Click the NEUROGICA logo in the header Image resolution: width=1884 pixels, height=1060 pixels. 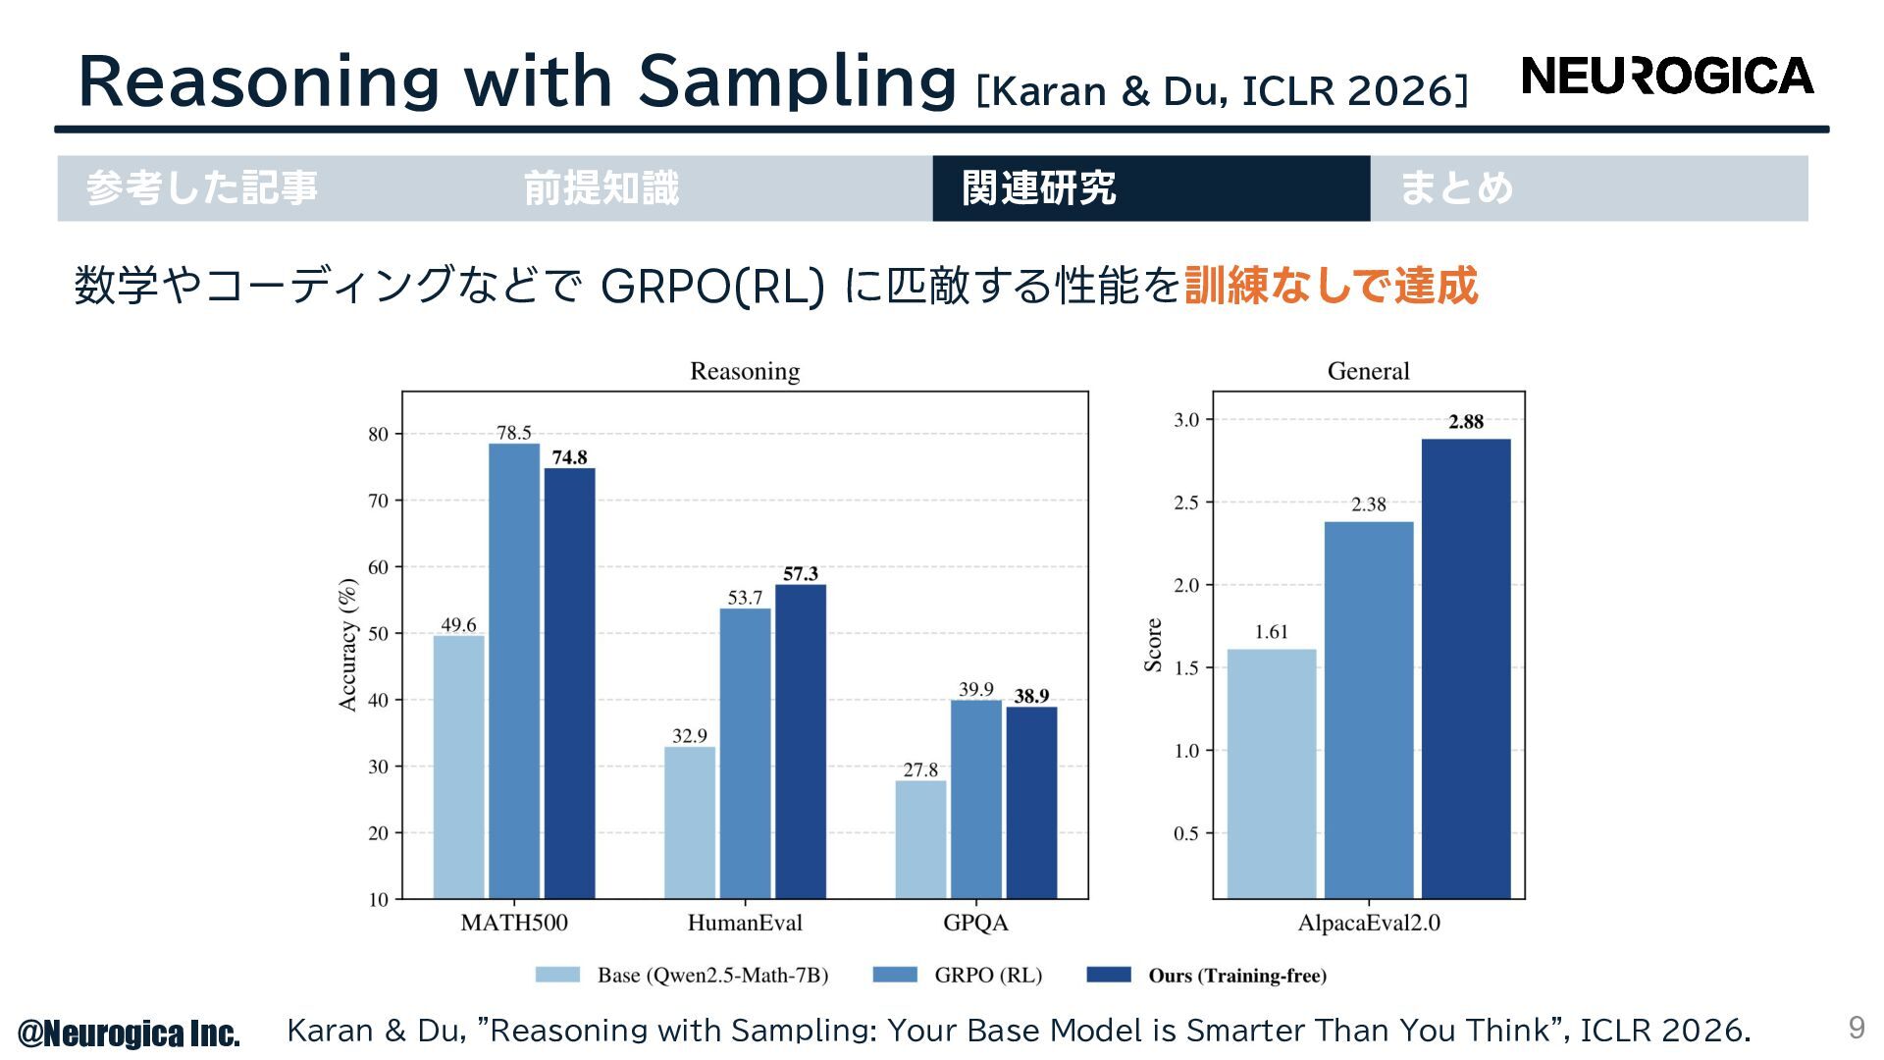(x=1666, y=77)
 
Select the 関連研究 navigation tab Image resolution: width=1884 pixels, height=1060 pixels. (x=1150, y=188)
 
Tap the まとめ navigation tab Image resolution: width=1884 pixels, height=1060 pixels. (x=1588, y=188)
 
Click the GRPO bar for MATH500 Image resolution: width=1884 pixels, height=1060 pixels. (x=514, y=671)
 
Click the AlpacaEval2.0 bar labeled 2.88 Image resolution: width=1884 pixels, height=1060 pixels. (x=1466, y=667)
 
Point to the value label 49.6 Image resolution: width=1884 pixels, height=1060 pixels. (x=458, y=625)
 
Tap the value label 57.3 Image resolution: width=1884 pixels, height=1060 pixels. (x=800, y=573)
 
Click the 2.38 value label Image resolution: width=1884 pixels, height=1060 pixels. (x=1368, y=504)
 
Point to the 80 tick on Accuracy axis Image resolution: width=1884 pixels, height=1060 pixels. (x=378, y=434)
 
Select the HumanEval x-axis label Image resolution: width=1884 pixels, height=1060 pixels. (x=745, y=923)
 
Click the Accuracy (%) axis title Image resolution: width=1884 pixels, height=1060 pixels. (x=347, y=644)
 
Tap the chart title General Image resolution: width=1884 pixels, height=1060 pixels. (x=1368, y=371)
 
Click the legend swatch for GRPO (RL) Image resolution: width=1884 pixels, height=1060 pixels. (x=894, y=975)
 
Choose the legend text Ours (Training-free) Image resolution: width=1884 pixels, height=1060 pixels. (x=1236, y=976)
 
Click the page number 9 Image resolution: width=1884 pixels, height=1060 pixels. (x=1856, y=1028)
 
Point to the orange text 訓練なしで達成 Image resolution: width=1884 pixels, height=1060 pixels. (x=1331, y=286)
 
